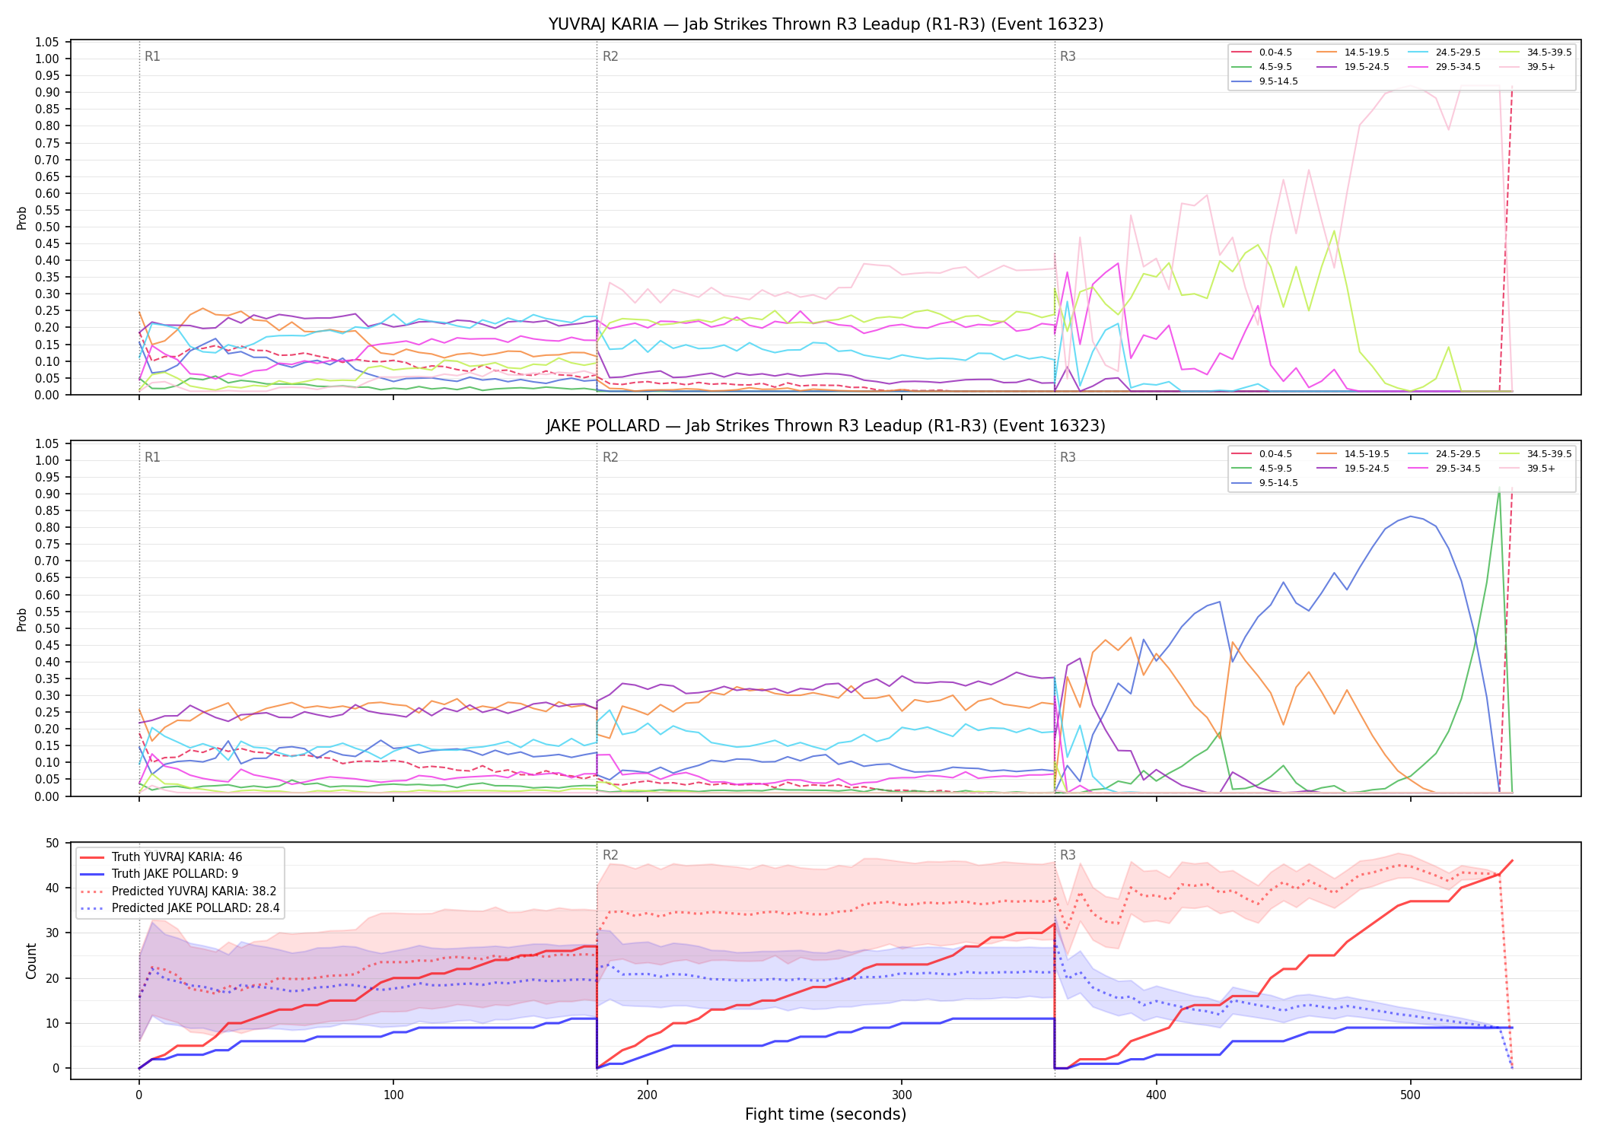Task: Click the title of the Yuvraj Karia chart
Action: [x=826, y=24]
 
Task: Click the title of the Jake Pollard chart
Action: [x=826, y=426]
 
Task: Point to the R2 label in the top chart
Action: [x=610, y=56]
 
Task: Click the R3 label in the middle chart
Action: [x=1068, y=457]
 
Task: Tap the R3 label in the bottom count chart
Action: [x=1068, y=855]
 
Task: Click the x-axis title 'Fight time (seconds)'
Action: [x=826, y=1114]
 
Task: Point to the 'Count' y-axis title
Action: [x=31, y=961]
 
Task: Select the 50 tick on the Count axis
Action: [x=53, y=843]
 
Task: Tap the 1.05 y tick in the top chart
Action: [x=47, y=42]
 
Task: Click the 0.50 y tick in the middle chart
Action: [x=47, y=628]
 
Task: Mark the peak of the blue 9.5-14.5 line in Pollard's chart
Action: [x=1411, y=516]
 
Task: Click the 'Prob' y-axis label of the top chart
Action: [x=22, y=218]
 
